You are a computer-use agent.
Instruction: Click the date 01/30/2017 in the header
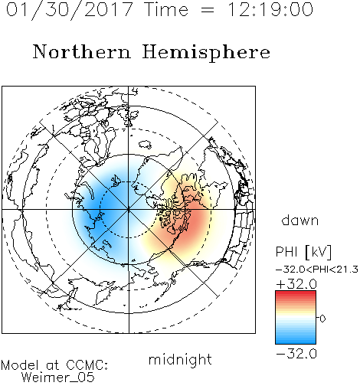pyautogui.click(x=69, y=10)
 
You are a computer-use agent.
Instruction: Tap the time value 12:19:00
pyautogui.click(x=270, y=9)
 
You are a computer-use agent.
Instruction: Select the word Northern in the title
pyautogui.click(x=82, y=51)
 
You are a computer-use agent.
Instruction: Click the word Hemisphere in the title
pyautogui.click(x=206, y=53)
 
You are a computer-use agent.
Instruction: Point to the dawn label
pyautogui.click(x=300, y=220)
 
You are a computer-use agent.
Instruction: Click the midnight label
pyautogui.click(x=180, y=359)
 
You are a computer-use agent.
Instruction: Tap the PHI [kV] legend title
pyautogui.click(x=303, y=252)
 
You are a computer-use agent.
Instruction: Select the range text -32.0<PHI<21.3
pyautogui.click(x=317, y=270)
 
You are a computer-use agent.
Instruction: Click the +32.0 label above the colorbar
pyautogui.click(x=296, y=284)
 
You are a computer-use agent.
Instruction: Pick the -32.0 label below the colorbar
pyautogui.click(x=296, y=354)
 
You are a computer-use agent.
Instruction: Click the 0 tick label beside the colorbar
pyautogui.click(x=322, y=319)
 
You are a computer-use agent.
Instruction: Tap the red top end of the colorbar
pyautogui.click(x=296, y=293)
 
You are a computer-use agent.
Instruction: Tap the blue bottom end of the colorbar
pyautogui.click(x=296, y=342)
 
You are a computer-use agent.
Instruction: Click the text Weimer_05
pyautogui.click(x=58, y=377)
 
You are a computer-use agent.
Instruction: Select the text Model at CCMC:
pyautogui.click(x=54, y=365)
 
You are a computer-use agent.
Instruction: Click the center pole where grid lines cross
pyautogui.click(x=129, y=210)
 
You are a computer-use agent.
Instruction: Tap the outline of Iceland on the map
pyautogui.click(x=145, y=145)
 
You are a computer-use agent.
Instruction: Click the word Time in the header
pyautogui.click(x=166, y=9)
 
